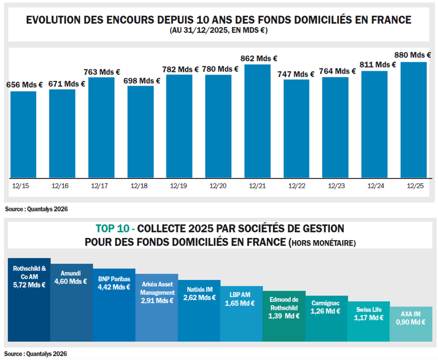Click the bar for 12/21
pos(257,121)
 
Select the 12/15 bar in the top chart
pos(23,134)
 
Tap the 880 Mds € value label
pos(413,55)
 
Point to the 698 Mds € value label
pos(142,80)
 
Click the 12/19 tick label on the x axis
pos(179,185)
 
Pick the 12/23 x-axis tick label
pos(335,185)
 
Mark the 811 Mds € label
pos(379,64)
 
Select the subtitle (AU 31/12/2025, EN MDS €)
pos(219,30)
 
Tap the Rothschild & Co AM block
pos(29,300)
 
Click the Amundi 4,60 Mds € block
pos(72,302)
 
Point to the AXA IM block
pos(411,324)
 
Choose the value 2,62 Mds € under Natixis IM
pos(199,297)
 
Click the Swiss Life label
pos(368,309)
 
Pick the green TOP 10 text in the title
pos(115,229)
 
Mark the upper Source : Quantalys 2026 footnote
pos(36,209)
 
